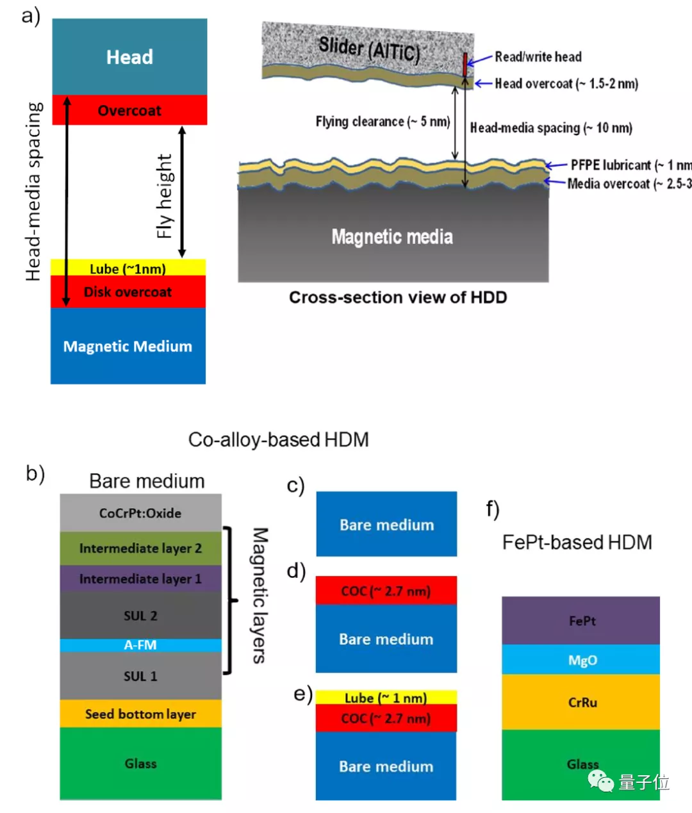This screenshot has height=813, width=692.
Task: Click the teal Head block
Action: pyautogui.click(x=129, y=57)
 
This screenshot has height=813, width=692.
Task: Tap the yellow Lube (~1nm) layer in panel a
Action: pyautogui.click(x=128, y=268)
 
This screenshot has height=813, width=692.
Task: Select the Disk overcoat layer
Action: pyautogui.click(x=128, y=292)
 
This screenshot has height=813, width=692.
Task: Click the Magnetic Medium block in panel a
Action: pyautogui.click(x=128, y=347)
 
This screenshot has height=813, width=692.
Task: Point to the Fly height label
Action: pyautogui.click(x=165, y=196)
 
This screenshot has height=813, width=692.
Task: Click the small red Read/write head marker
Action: pyautogui.click(x=465, y=64)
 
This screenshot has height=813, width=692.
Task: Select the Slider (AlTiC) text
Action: pyautogui.click(x=369, y=48)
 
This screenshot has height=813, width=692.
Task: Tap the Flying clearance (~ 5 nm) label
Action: pyautogui.click(x=383, y=122)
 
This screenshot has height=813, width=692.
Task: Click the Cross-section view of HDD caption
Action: pyautogui.click(x=397, y=297)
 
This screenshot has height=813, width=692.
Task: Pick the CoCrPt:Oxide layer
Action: pyautogui.click(x=140, y=513)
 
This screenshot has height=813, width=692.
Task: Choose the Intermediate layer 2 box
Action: pyautogui.click(x=140, y=548)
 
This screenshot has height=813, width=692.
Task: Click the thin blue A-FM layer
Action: pyautogui.click(x=140, y=645)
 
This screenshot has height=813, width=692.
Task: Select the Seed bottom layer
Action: pyautogui.click(x=140, y=714)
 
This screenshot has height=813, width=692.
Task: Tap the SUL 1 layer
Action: pyautogui.click(x=140, y=676)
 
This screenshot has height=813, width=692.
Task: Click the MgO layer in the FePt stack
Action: pyautogui.click(x=581, y=660)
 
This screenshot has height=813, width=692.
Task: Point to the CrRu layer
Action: pyautogui.click(x=581, y=702)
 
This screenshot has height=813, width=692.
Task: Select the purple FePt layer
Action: pyautogui.click(x=581, y=621)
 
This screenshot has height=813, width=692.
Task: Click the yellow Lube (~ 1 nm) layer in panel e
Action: pyautogui.click(x=386, y=698)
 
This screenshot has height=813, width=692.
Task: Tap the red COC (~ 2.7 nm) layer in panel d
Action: pyautogui.click(x=386, y=591)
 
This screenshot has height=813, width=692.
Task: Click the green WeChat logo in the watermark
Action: pyautogui.click(x=601, y=782)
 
